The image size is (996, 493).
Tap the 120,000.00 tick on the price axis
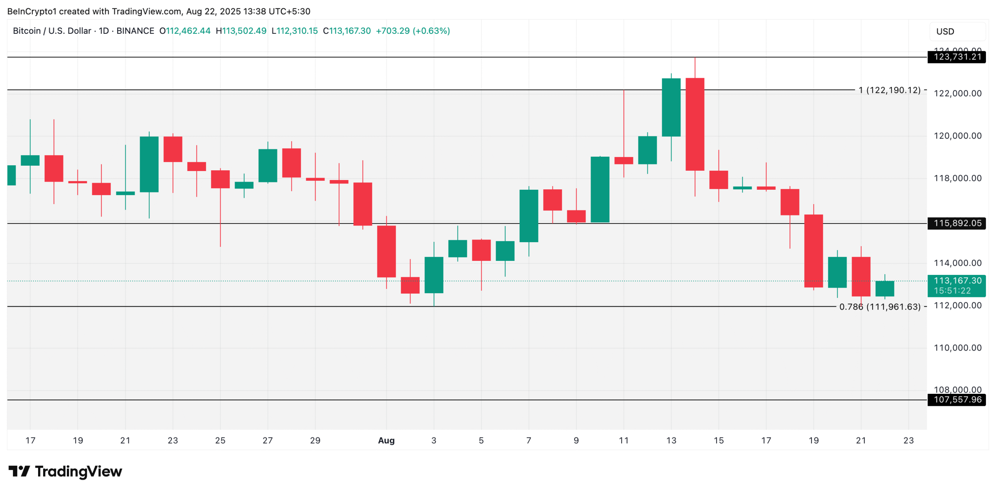[957, 136]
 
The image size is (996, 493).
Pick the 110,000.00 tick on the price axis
[957, 348]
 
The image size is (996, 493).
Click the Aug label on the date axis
[386, 440]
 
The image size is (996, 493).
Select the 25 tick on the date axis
[220, 440]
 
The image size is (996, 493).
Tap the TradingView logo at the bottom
[65, 471]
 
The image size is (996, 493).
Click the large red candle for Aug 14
[694, 124]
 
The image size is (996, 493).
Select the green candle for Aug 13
[671, 107]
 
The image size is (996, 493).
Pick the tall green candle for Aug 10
[600, 189]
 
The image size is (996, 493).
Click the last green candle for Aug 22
[884, 288]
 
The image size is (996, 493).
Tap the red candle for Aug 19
[813, 251]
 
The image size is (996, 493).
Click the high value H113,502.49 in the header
[241, 31]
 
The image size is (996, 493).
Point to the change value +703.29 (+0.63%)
[412, 31]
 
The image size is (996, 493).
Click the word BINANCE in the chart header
[135, 31]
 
